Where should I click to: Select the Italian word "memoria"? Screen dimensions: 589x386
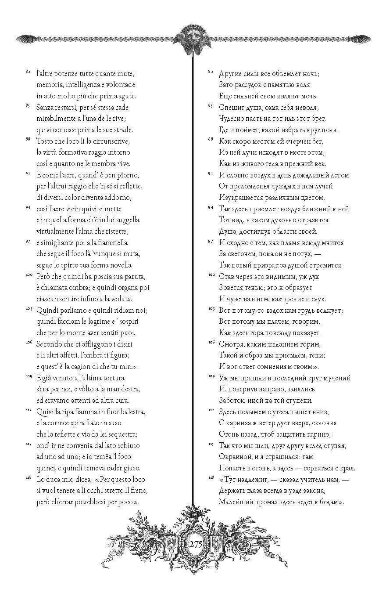(x=50, y=84)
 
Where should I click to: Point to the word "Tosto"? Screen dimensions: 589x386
(x=46, y=141)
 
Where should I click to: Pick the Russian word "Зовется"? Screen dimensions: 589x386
(x=232, y=288)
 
